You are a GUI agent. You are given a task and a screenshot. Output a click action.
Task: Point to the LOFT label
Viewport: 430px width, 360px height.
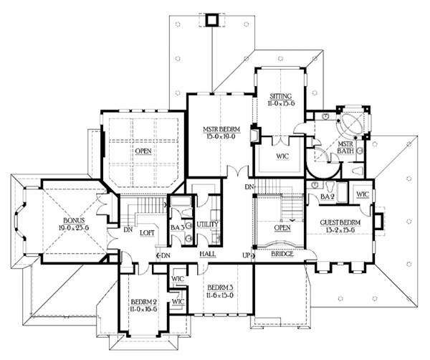(148, 233)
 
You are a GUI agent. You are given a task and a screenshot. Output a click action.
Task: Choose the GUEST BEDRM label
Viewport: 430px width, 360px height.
(340, 224)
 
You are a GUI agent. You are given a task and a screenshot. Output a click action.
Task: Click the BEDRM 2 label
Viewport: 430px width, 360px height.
(145, 303)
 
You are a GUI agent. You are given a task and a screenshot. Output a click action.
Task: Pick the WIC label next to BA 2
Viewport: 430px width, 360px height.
(361, 194)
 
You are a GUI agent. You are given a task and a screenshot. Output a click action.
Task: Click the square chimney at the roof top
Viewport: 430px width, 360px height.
(211, 19)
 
